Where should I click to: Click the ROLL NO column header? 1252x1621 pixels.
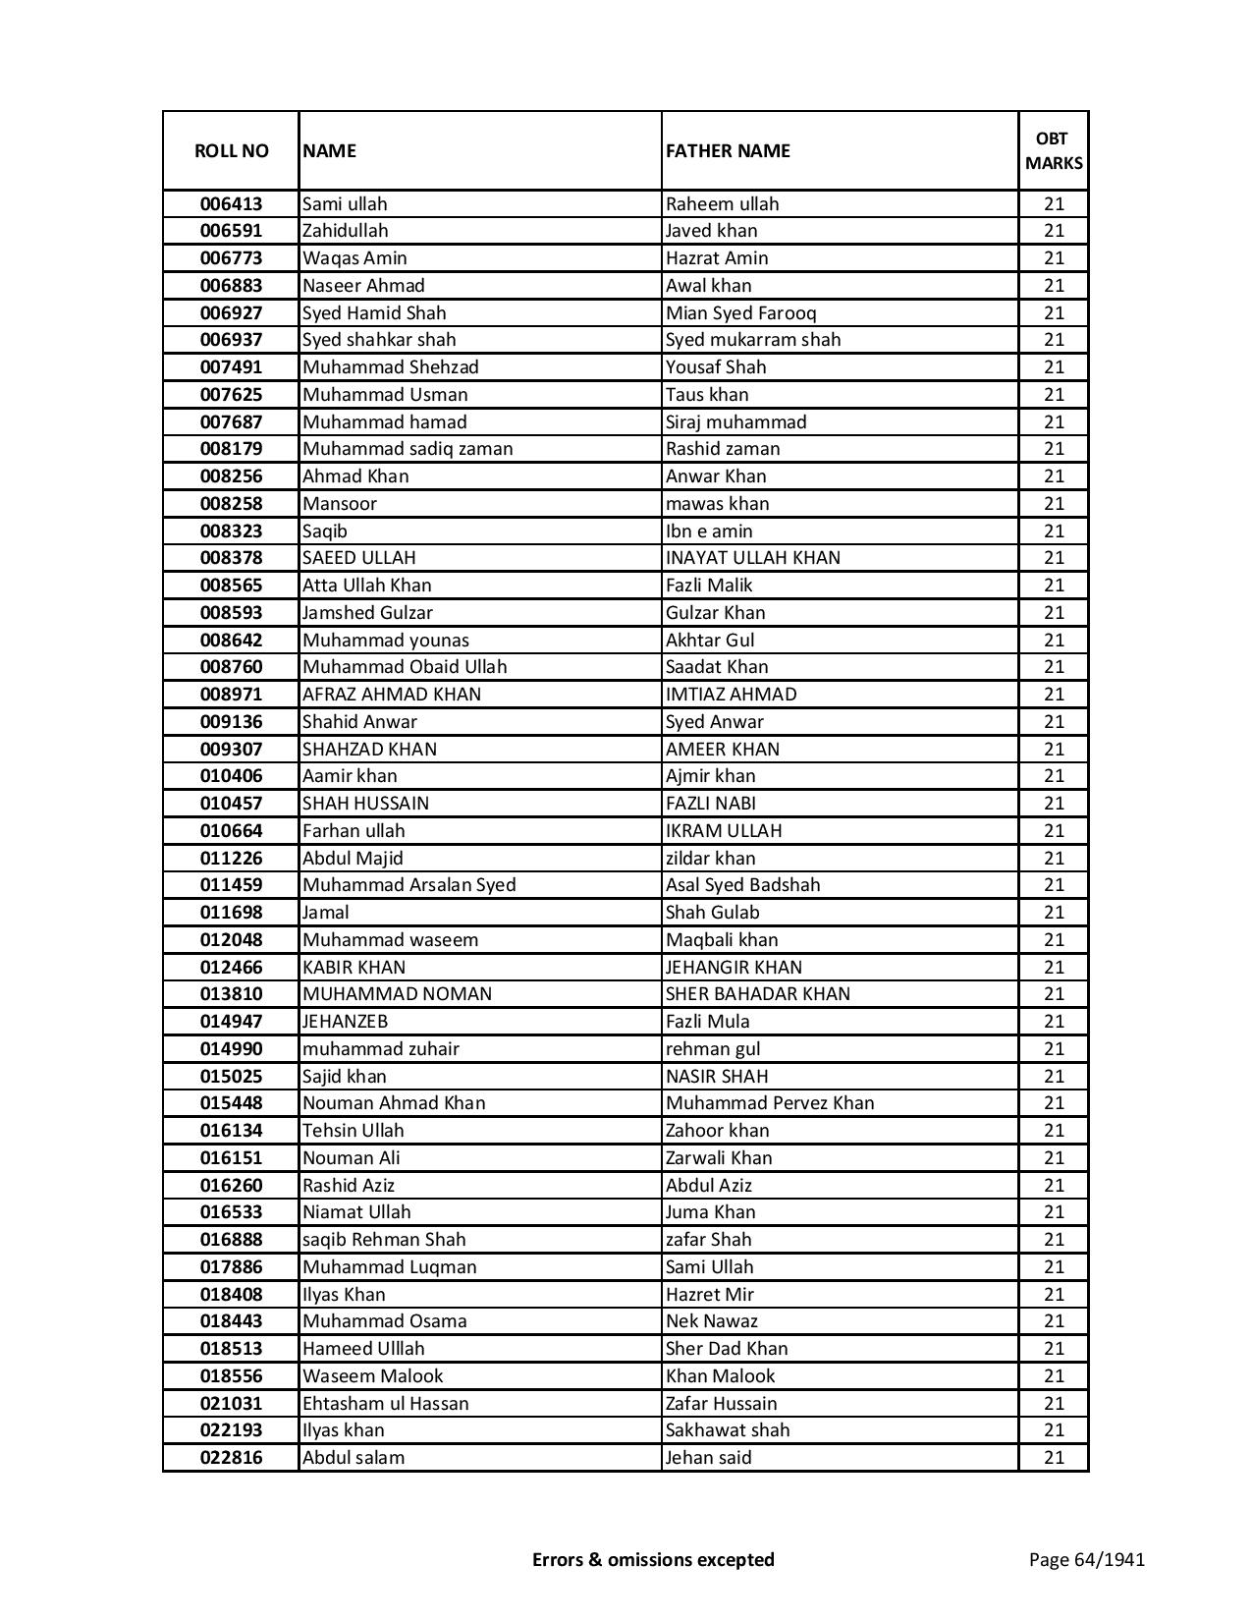tap(231, 150)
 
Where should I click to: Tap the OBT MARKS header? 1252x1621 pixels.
tap(1054, 150)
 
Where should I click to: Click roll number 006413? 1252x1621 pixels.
tap(231, 204)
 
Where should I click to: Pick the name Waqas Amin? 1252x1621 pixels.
tap(354, 258)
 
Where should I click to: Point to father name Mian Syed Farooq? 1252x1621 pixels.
tap(740, 312)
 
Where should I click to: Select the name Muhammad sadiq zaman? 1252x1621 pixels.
tap(408, 449)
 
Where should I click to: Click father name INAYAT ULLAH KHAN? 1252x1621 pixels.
tap(752, 558)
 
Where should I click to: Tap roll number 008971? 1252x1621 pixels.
tap(231, 695)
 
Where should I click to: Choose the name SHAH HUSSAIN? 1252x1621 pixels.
tap(365, 804)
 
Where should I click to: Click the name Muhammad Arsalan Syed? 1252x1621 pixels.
tap(408, 885)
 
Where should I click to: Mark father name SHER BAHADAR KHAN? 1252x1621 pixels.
tap(757, 994)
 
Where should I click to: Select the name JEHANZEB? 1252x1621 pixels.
tap(346, 1022)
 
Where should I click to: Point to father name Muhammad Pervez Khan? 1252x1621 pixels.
tap(769, 1103)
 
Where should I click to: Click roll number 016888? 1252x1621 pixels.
tap(231, 1240)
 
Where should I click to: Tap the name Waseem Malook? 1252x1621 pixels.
tap(372, 1376)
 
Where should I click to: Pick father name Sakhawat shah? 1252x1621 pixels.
tap(727, 1430)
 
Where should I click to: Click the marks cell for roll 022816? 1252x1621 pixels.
tap(1054, 1458)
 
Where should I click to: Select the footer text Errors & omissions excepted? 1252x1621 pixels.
tap(653, 1559)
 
